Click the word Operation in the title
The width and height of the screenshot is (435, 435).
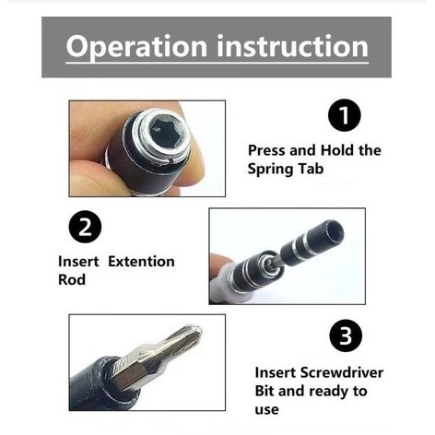[x=136, y=47]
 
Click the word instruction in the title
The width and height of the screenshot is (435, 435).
[x=293, y=46]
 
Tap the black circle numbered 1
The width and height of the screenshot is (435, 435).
[x=345, y=115]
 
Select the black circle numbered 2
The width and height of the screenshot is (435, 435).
[x=85, y=227]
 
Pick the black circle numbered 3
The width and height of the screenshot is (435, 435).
[x=346, y=335]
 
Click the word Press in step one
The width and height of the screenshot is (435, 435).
[x=266, y=150]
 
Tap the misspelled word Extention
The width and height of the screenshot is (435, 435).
[x=141, y=262]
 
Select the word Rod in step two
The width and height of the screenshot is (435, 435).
[x=72, y=279]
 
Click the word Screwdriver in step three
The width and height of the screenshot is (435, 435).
[x=342, y=372]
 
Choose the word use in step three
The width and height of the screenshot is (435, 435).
[x=266, y=410]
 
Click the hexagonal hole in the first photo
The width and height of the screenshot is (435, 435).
[x=165, y=134]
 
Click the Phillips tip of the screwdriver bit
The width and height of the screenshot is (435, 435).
[x=192, y=334]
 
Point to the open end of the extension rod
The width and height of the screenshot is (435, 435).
[x=334, y=232]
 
